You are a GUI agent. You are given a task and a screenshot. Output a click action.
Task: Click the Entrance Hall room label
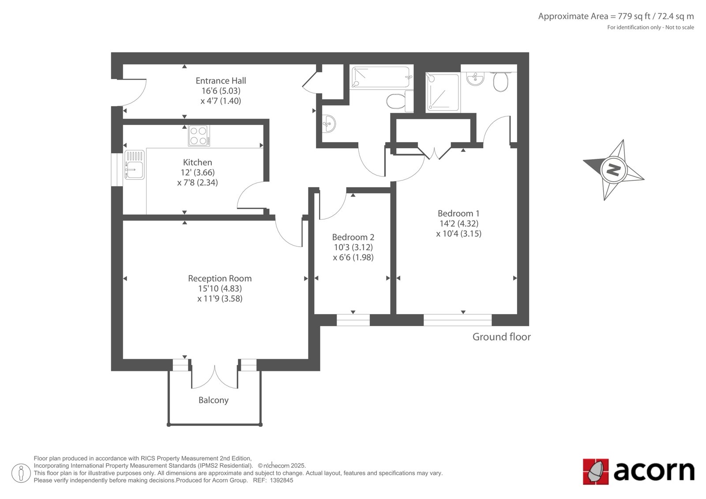pos(221,81)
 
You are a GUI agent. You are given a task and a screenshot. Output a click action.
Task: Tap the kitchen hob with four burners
pos(199,135)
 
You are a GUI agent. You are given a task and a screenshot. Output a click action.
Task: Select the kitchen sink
pos(135,165)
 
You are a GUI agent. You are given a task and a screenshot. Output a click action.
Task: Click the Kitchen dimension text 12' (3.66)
pos(198,173)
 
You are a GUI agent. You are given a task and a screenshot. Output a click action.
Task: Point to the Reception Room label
pos(220,278)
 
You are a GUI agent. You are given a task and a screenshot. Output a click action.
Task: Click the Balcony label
pos(214,400)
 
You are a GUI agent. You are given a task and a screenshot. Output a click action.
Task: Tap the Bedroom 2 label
pos(353,237)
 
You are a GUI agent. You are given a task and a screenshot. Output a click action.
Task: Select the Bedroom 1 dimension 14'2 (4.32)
pos(459,224)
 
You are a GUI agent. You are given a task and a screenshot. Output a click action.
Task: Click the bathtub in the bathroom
pos(381,77)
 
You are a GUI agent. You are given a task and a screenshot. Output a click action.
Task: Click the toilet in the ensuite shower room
pos(500,81)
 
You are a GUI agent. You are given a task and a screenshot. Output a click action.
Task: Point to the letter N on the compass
pos(614,170)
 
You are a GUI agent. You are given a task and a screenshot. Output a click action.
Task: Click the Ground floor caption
pos(501,337)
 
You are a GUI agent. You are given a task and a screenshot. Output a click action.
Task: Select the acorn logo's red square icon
pos(596,472)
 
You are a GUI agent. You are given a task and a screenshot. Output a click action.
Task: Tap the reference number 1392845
pos(282,480)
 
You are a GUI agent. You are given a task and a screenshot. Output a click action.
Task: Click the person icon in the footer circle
pos(21,473)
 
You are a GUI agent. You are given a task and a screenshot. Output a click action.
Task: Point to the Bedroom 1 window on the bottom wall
pos(458,320)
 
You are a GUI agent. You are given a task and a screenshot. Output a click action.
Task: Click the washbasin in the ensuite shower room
pos(475,79)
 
